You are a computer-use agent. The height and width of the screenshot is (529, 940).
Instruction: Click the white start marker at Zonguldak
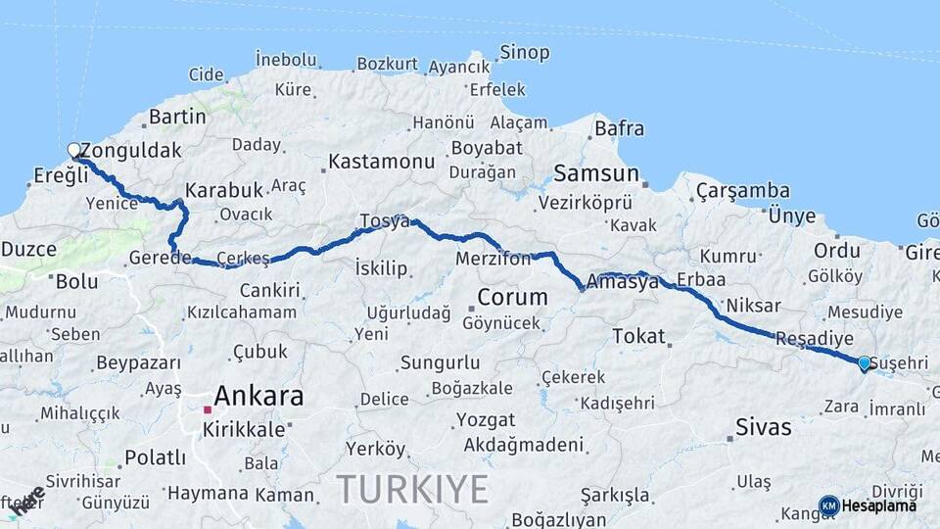(x=73, y=150)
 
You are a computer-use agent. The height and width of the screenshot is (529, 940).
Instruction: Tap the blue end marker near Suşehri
(x=864, y=363)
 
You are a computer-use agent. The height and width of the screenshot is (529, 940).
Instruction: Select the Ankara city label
(x=258, y=397)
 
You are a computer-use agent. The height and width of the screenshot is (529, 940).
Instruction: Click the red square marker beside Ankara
(x=208, y=409)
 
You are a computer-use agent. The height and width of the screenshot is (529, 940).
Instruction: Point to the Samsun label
(x=595, y=174)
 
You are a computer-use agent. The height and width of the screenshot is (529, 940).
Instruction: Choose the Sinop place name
(x=524, y=53)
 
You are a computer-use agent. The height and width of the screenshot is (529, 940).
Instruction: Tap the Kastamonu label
(x=381, y=160)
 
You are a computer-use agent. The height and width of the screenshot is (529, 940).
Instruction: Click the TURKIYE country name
(x=411, y=488)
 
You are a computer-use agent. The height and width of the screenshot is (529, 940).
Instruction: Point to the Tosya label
(x=384, y=220)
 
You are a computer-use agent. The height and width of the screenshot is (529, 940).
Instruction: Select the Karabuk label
(x=223, y=190)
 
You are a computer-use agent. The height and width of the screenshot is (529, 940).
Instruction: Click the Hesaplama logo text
(x=878, y=505)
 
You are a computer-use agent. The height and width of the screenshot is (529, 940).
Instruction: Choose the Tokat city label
(x=638, y=336)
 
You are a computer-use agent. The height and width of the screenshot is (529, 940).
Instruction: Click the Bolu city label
(x=76, y=281)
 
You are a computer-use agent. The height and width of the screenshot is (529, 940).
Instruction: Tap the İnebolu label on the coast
(x=286, y=60)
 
